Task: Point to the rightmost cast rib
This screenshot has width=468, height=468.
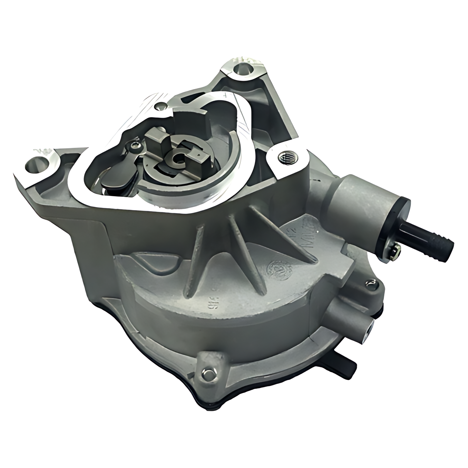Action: (x=281, y=234)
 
